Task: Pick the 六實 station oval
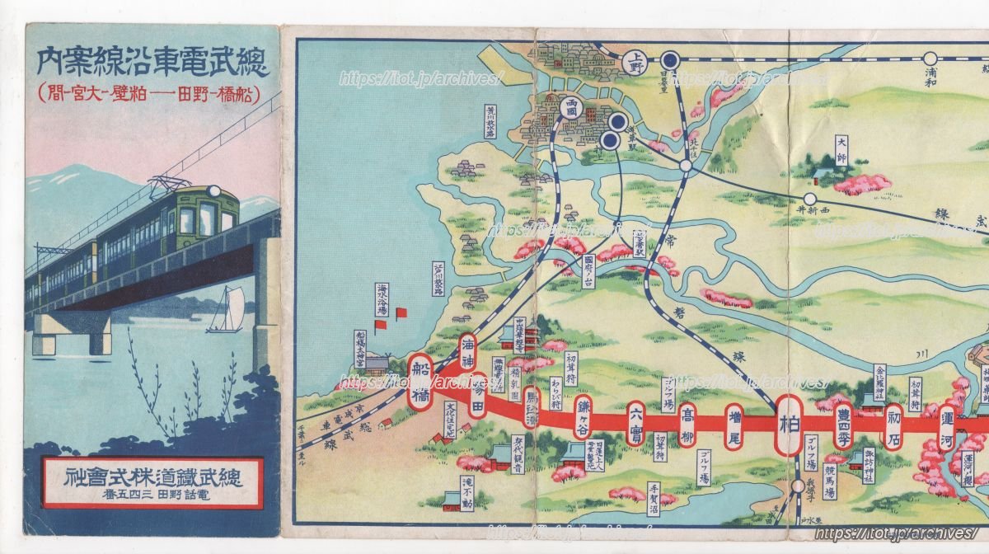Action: coord(635,422)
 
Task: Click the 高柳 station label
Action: coord(687,425)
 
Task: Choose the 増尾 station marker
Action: coord(735,425)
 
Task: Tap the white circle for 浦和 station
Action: coord(930,59)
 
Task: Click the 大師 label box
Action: coord(841,151)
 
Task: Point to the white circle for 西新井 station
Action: coord(810,199)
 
